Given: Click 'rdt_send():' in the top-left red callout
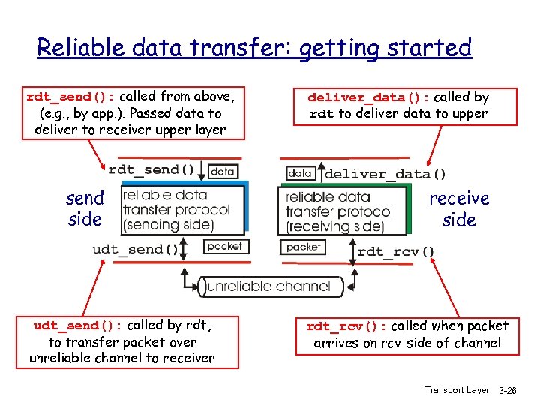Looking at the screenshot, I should pos(71,97).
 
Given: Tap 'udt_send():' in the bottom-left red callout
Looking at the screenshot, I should pos(78,325).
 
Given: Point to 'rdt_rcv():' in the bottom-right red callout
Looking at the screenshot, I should pos(346,326).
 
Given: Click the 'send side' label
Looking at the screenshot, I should pos(85,209).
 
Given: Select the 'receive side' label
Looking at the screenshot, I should pos(459,209).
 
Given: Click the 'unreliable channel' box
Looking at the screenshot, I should pos(268,286).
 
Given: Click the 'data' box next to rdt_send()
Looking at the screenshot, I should pos(223,171).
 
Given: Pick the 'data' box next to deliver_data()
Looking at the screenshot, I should pos(300,172).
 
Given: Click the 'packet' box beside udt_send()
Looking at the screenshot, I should pos(224,246).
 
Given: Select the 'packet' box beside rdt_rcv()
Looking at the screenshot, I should pos(303,247).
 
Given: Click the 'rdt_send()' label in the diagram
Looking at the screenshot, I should pos(154,170).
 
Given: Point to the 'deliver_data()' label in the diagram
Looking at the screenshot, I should pos(385,174).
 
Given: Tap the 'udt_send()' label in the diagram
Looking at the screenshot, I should pos(136,249).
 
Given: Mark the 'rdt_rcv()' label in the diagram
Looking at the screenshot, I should pos(396,252).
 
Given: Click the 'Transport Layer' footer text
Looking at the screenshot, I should pos(456,390).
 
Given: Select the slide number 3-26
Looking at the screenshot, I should pos(508,391).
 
